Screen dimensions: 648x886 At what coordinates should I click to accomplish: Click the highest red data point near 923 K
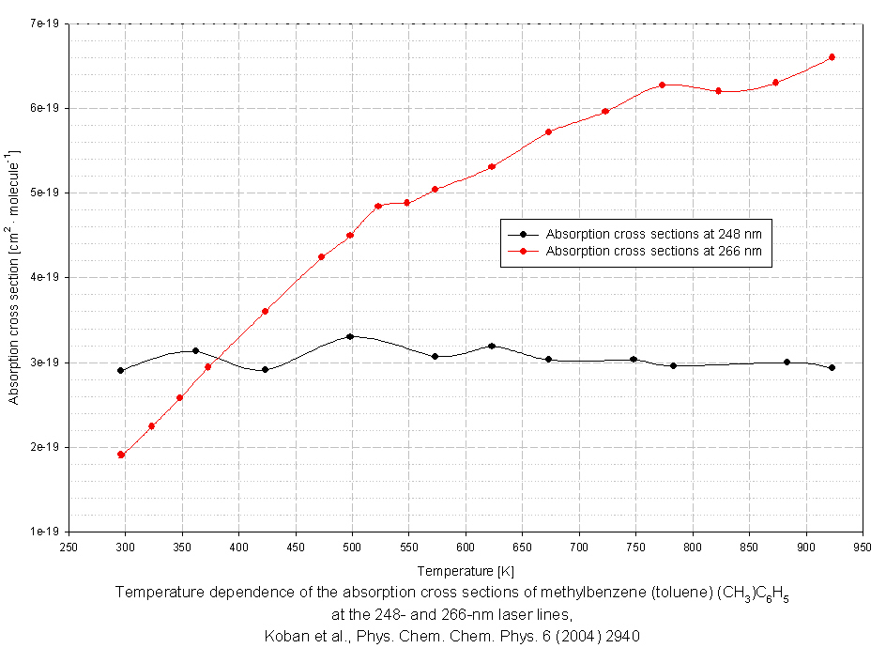point(832,57)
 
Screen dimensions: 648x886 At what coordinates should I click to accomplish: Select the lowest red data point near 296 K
point(121,455)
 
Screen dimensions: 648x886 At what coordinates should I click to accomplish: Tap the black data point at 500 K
point(350,336)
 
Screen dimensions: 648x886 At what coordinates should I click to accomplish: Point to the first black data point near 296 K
point(121,370)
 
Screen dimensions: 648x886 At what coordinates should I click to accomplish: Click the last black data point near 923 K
point(832,367)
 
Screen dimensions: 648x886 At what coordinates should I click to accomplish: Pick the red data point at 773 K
point(662,85)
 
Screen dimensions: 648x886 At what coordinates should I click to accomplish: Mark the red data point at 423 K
point(266,311)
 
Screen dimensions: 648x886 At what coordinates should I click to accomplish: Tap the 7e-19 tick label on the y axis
point(45,23)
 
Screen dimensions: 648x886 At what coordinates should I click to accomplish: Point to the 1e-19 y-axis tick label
point(45,532)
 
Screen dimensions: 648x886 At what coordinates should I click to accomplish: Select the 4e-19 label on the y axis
point(45,277)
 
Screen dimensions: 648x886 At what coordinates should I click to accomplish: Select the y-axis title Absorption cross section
point(14,277)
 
